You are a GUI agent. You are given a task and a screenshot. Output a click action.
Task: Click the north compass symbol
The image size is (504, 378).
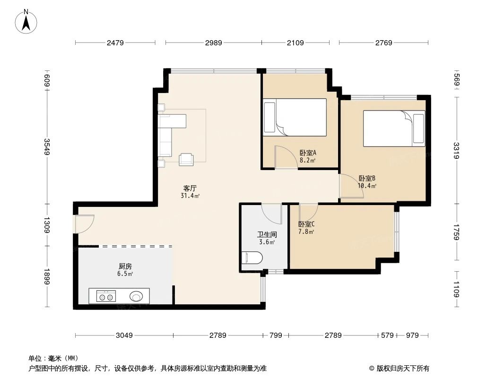point(27,21)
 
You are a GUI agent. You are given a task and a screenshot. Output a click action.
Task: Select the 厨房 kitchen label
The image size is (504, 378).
point(125,266)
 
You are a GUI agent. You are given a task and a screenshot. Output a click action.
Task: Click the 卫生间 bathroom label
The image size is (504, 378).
point(267,234)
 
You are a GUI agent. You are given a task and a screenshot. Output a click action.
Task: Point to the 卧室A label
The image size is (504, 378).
point(308,153)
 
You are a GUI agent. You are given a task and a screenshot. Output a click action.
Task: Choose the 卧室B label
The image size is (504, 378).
point(367,178)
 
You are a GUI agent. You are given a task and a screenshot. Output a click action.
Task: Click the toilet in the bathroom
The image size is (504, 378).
point(252,258)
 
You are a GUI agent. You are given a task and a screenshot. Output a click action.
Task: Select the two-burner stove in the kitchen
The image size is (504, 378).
point(105,296)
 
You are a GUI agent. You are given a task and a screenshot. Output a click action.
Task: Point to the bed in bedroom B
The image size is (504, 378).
point(394,129)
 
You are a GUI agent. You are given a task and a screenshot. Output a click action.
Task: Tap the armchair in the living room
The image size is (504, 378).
point(186,159)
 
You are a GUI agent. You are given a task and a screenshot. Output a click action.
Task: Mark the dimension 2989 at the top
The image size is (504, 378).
point(213,43)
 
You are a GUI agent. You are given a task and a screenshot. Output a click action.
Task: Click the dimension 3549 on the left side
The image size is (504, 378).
point(47,146)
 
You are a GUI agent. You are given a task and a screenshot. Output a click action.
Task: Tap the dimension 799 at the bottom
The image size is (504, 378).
point(275,335)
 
